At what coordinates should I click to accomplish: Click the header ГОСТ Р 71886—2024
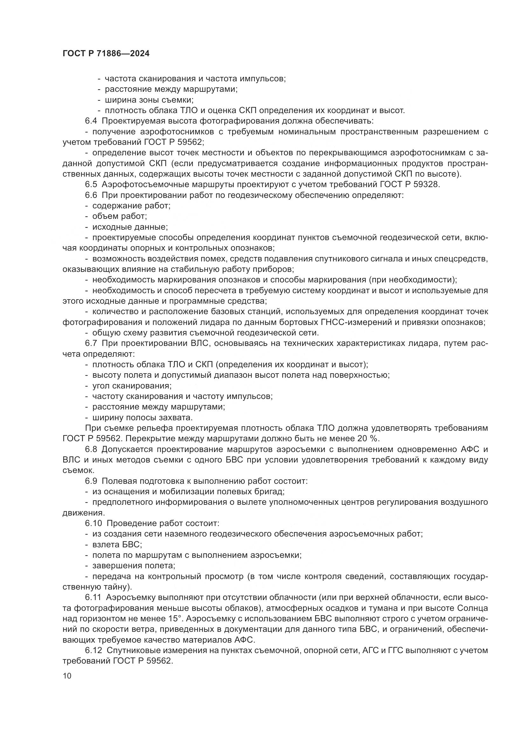pos(106,54)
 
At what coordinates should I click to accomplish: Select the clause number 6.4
pos(91,121)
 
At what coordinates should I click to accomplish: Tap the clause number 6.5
pos(91,185)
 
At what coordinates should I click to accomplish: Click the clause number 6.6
pos(91,195)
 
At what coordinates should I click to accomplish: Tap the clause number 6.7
pos(91,343)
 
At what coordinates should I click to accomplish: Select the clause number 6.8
pos(91,449)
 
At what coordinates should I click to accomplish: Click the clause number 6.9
pos(91,481)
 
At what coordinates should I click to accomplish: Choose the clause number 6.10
pos(93,523)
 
